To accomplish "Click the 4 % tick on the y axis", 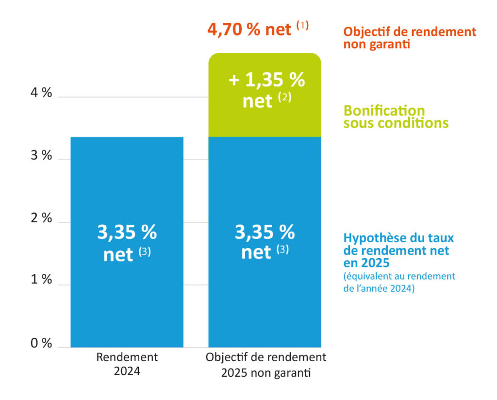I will click(x=41, y=93).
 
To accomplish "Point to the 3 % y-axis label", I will click(x=41, y=155).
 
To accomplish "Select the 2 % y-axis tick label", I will click(x=41, y=218).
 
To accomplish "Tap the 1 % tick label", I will click(x=41, y=280).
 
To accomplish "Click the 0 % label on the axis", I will click(x=41, y=343).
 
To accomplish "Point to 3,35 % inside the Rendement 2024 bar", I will click(x=127, y=233).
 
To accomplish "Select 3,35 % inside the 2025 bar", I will click(x=265, y=233).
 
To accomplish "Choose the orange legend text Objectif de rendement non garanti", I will click(x=409, y=38).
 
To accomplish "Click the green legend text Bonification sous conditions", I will click(x=396, y=117).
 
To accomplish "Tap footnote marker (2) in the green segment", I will click(x=284, y=98).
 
